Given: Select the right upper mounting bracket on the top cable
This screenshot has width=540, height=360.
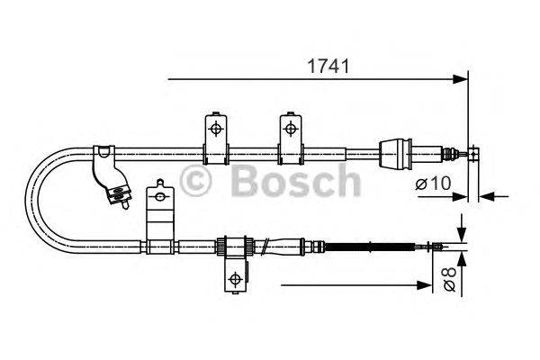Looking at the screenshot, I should pos(290,136).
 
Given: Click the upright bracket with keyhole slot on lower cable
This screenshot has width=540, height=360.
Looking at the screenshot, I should pos(158,211).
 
